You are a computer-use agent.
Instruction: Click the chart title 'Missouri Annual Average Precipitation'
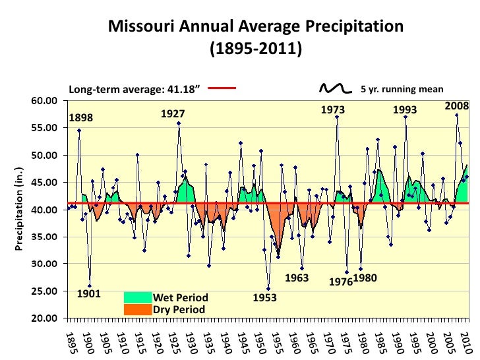(255, 26)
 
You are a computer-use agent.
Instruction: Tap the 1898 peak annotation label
(81, 118)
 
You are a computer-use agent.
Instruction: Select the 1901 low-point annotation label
(89, 294)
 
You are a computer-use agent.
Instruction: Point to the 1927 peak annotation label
(173, 114)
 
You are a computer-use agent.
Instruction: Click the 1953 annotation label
(265, 298)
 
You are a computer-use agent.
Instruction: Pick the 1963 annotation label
(297, 278)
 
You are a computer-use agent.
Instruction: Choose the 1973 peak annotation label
(334, 110)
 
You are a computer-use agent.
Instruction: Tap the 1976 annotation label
(341, 282)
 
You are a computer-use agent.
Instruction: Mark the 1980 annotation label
(365, 278)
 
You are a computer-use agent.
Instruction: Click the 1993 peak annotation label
(405, 110)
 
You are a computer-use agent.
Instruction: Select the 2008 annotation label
(456, 105)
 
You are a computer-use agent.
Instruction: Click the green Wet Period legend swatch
(138, 298)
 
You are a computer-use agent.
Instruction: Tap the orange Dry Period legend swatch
(138, 309)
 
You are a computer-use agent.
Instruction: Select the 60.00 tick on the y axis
(50, 101)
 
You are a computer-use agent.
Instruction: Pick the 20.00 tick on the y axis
(50, 318)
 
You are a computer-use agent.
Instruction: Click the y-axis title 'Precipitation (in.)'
(20, 209)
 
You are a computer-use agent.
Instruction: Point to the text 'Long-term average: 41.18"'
(134, 90)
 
